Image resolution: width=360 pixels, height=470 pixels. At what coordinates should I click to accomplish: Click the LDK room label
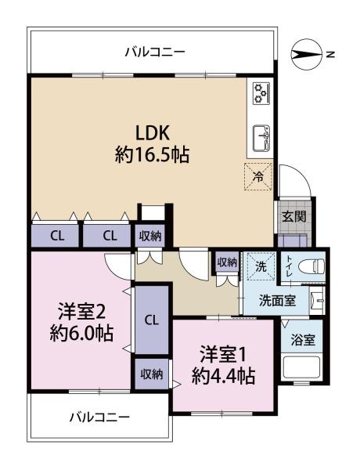pyautogui.click(x=153, y=133)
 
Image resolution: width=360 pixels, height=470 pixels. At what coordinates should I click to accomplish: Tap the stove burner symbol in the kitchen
pyautogui.click(x=261, y=93)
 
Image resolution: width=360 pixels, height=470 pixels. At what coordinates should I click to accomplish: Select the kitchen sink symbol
pyautogui.click(x=261, y=139)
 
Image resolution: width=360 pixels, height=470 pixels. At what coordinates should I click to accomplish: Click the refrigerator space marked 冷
pyautogui.click(x=258, y=176)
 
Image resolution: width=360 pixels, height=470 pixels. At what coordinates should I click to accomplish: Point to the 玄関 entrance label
pyautogui.click(x=294, y=216)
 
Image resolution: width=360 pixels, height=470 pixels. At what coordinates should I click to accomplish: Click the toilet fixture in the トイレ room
pyautogui.click(x=311, y=266)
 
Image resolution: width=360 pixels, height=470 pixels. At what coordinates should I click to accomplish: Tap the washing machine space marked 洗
pyautogui.click(x=261, y=266)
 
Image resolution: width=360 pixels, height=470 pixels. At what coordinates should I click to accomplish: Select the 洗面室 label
pyautogui.click(x=277, y=300)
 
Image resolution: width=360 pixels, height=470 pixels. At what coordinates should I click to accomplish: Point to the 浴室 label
pyautogui.click(x=303, y=340)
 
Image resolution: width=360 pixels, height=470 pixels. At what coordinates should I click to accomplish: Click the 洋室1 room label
pyautogui.click(x=223, y=354)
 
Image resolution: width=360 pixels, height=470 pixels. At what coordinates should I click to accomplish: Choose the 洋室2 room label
pyautogui.click(x=81, y=311)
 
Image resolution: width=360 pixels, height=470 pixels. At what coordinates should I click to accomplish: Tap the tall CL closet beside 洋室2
pyautogui.click(x=152, y=320)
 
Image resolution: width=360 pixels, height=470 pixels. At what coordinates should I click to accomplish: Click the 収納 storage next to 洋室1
pyautogui.click(x=152, y=374)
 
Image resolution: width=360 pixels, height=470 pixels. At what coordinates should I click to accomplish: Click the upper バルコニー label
pyautogui.click(x=155, y=52)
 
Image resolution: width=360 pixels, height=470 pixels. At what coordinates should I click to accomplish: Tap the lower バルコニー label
pyautogui.click(x=99, y=417)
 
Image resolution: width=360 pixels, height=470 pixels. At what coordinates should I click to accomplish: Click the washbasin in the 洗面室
pyautogui.click(x=317, y=300)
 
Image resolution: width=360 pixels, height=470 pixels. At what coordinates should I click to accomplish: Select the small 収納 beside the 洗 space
pyautogui.click(x=227, y=262)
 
